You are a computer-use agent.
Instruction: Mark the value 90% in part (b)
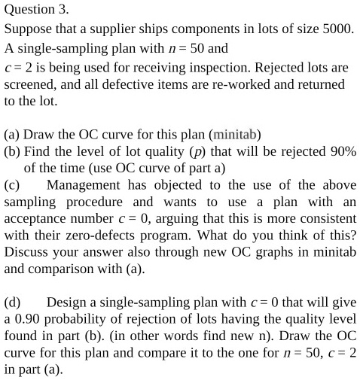point(340,153)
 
